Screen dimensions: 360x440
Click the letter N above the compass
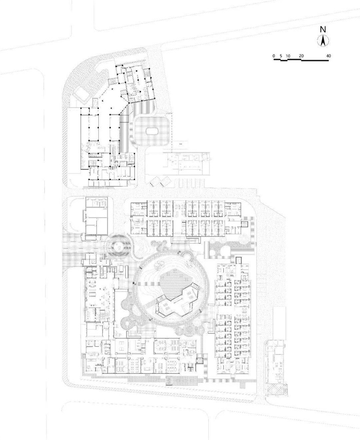coord(323,29)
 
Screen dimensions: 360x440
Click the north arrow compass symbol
coord(323,41)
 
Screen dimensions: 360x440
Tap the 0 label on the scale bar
coord(274,56)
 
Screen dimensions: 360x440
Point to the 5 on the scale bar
coord(281,56)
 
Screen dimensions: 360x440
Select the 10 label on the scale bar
coord(288,56)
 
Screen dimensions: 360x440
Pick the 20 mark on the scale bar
coord(301,56)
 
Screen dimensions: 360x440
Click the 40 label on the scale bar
coord(328,56)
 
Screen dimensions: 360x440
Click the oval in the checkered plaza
coord(152,131)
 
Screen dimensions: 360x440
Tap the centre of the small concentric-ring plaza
coord(118,247)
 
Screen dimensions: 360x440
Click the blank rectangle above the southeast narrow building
coord(279,323)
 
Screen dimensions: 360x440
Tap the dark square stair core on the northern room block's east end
coord(244,224)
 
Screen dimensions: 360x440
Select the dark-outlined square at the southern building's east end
coord(200,360)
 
